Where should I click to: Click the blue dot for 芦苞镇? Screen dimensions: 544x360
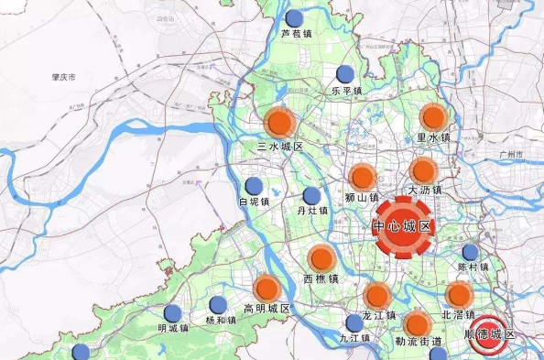[x=294, y=18]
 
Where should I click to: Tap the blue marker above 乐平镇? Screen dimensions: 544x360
[x=345, y=74]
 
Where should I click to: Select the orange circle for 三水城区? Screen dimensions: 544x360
[x=279, y=123]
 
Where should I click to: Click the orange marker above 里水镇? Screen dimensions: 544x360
[x=433, y=117]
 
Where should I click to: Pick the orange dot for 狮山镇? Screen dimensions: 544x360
[x=363, y=177]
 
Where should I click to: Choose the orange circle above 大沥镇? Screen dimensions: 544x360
[x=423, y=169]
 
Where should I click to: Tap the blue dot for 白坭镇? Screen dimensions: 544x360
[x=254, y=186]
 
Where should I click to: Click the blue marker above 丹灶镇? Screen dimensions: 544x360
[x=312, y=195]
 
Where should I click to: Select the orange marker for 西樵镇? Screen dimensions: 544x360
[x=321, y=259]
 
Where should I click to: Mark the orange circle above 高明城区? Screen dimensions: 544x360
[x=267, y=288]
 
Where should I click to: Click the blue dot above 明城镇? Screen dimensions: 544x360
[x=172, y=312]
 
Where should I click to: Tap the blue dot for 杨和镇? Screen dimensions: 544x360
[x=218, y=305]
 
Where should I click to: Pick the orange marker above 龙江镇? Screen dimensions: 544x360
[x=376, y=295]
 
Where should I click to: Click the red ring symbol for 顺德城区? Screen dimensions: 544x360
[x=491, y=330]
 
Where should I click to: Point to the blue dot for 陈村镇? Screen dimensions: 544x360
[x=471, y=253]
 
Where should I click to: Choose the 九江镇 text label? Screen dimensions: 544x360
[x=354, y=338]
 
